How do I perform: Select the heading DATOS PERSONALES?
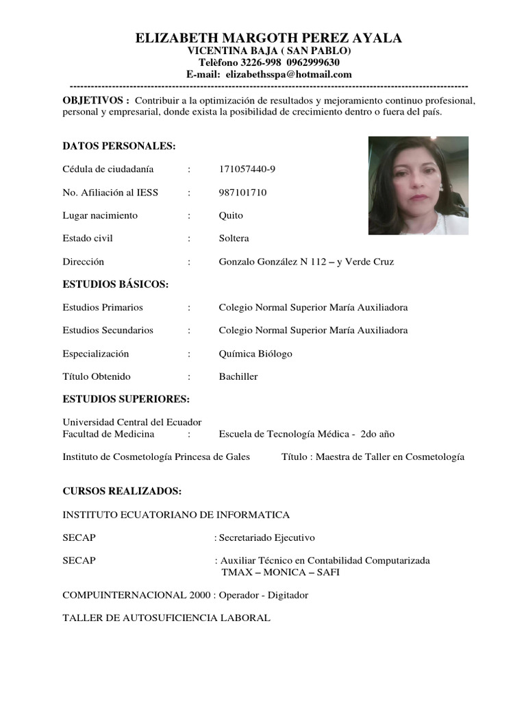[x=119, y=146]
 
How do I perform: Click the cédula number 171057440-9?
[x=247, y=169]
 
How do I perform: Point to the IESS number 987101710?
[x=242, y=193]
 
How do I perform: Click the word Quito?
[x=231, y=215]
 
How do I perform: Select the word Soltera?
[x=234, y=239]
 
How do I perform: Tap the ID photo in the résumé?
[x=418, y=185]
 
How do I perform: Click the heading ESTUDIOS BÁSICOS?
[x=115, y=285]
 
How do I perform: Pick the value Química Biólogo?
[x=255, y=354]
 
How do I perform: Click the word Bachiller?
[x=238, y=376]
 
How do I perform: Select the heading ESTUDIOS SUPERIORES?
[x=126, y=400]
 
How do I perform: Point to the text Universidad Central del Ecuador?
[x=132, y=422]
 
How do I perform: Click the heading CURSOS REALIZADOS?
[x=122, y=492]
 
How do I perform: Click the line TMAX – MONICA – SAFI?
[x=280, y=572]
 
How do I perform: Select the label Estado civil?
[x=88, y=239]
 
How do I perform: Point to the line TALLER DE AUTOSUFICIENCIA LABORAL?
[x=166, y=618]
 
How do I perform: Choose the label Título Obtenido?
[x=97, y=376]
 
